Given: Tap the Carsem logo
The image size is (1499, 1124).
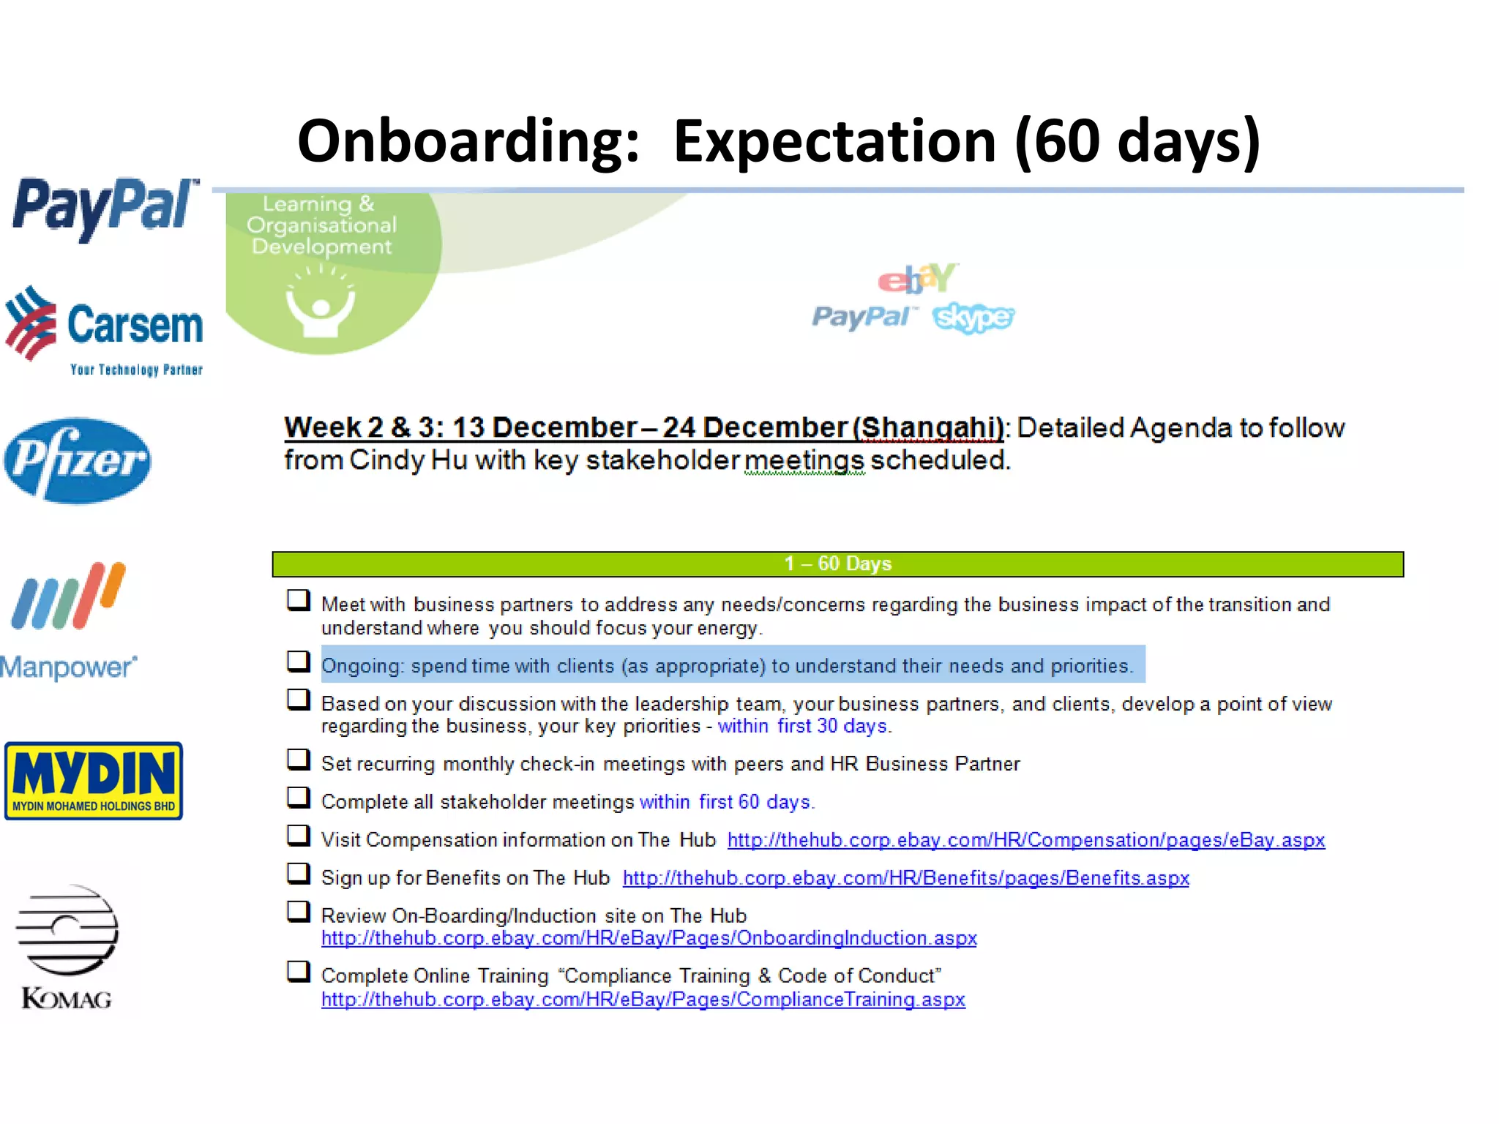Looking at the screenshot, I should click(x=104, y=329).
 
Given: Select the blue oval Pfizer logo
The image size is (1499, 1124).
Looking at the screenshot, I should click(x=78, y=460).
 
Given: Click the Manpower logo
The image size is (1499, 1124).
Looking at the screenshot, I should click(x=69, y=622).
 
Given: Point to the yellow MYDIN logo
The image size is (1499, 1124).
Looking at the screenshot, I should click(x=94, y=780).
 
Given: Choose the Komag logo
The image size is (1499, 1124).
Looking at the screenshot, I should click(x=67, y=947).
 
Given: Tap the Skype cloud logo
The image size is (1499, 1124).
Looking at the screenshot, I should click(x=973, y=318).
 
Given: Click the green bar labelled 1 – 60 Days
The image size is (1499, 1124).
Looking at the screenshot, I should click(x=837, y=564).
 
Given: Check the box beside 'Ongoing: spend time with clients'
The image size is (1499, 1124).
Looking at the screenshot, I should click(x=298, y=662).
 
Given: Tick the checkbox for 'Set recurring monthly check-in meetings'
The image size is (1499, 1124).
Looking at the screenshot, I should click(x=298, y=760).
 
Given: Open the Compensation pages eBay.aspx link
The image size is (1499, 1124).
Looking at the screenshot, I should click(x=1025, y=840).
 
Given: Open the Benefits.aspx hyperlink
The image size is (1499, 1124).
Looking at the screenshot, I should click(x=905, y=878).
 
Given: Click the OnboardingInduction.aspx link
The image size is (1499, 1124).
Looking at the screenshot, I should click(x=648, y=938).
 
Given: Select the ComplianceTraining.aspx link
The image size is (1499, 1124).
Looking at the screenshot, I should click(x=643, y=1000).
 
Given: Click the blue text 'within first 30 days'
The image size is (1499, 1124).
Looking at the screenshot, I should click(x=803, y=726).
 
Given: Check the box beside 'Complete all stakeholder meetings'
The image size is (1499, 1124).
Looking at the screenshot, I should click(x=298, y=798).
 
